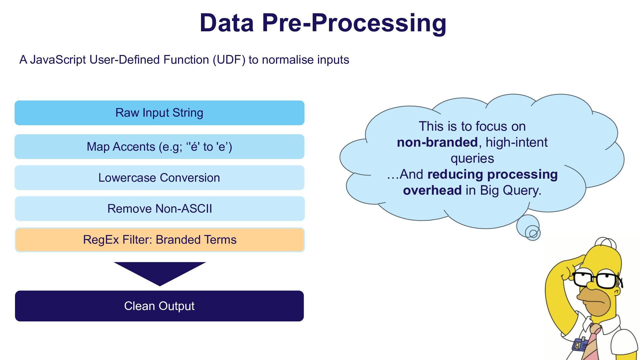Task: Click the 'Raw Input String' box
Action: (x=159, y=113)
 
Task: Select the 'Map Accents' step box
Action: (x=159, y=147)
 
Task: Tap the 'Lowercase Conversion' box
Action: (x=159, y=178)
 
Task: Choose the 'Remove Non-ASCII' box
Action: (x=160, y=209)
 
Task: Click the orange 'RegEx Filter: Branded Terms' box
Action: (x=160, y=240)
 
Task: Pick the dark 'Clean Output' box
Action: (x=159, y=306)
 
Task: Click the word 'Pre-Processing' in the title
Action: (x=354, y=23)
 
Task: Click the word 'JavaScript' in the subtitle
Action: (x=58, y=60)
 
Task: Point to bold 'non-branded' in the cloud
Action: (x=437, y=142)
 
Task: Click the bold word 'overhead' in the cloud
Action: (x=432, y=190)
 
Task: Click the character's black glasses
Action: (x=597, y=279)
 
